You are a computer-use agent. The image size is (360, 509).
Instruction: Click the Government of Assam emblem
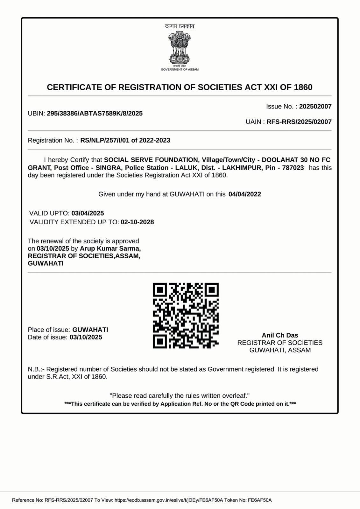point(180,48)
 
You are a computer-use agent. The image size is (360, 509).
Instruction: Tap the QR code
point(186,315)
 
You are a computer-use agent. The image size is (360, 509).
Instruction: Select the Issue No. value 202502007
point(315,107)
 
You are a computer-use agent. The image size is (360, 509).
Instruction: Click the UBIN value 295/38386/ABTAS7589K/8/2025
point(95,114)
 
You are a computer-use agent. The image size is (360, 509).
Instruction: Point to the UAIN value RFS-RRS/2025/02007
point(299,122)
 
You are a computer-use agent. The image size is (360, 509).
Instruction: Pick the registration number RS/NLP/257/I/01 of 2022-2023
point(125,140)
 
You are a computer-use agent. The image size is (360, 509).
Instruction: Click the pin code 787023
point(293,168)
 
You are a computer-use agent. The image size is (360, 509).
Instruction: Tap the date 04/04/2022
point(244,194)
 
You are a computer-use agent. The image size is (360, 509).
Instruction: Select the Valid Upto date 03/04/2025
point(88,213)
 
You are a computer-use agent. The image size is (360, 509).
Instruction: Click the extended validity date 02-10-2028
point(137,222)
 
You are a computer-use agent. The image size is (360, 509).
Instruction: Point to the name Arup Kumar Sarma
point(110,248)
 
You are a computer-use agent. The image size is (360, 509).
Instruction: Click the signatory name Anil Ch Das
point(280,335)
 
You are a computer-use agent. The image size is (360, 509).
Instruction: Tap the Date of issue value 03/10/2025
point(86,337)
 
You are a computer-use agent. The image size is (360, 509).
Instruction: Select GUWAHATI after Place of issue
point(90,330)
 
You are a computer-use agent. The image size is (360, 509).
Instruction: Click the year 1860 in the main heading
point(303,87)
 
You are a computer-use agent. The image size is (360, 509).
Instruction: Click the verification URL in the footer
point(169,500)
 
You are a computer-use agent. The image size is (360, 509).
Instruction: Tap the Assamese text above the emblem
point(180,26)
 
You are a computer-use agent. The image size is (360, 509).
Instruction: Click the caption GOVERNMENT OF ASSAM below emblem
point(180,69)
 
